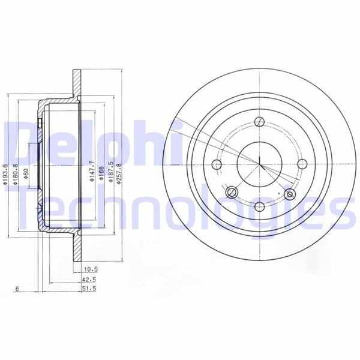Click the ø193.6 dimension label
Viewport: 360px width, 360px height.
[5, 175]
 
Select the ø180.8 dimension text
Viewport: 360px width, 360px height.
[15, 175]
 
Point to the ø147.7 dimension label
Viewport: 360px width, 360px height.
[92, 171]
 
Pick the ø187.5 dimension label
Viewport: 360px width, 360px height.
[111, 172]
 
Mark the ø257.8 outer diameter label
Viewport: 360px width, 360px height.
[118, 173]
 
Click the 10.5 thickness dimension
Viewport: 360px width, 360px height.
[90, 269]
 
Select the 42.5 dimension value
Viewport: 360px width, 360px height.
[89, 280]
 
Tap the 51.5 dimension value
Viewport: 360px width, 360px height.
[89, 289]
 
